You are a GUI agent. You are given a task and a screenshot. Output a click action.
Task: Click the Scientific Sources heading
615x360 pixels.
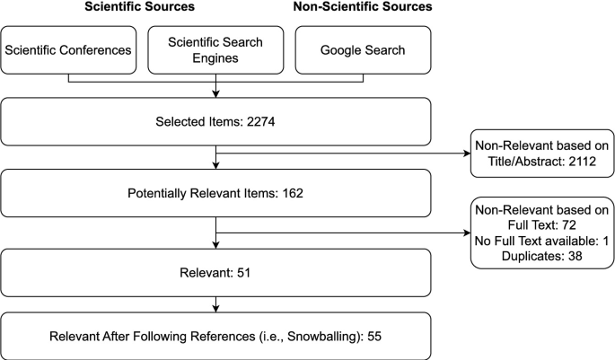140,7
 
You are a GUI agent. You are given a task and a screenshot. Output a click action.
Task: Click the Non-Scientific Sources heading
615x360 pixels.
364,7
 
